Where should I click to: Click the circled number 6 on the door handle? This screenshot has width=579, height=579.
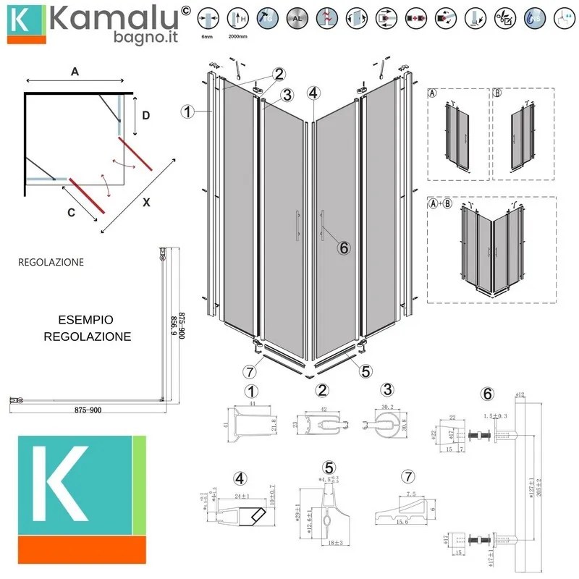coord(344,248)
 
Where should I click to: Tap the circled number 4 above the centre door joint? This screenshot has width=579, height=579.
coord(313,93)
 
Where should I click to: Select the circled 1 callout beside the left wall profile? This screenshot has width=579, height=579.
coord(187,111)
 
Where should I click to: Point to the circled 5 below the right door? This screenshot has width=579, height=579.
coord(365,371)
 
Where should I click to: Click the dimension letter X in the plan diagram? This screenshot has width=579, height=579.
coord(146,203)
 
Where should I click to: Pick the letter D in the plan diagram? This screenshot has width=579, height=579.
coord(145,115)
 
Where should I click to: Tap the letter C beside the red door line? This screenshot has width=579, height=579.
coord(71,214)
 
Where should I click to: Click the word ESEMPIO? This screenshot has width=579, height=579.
coord(88,319)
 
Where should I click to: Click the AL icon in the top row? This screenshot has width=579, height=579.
coord(295,17)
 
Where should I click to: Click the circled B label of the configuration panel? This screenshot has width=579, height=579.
coord(497,94)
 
